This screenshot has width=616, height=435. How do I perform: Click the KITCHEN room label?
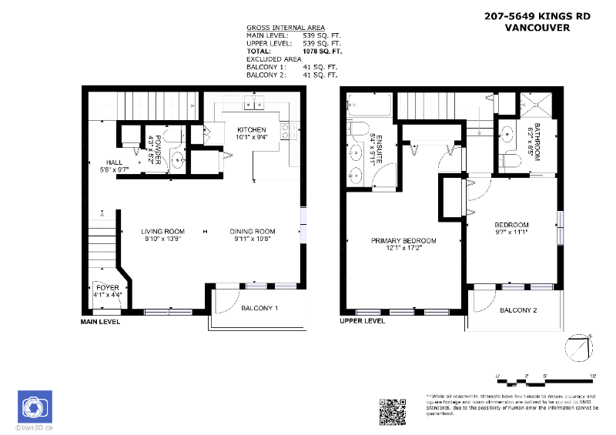pos(252,129)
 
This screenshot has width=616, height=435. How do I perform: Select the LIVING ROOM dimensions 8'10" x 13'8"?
pos(163,239)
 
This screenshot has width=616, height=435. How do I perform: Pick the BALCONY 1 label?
pos(259,309)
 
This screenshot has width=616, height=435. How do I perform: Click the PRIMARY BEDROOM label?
pos(403,241)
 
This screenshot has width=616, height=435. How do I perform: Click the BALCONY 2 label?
pos(518,310)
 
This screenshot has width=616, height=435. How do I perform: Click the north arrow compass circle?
pos(579,350)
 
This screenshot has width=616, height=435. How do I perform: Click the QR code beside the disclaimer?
pos(393,410)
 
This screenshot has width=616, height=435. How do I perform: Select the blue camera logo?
pos(34,407)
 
